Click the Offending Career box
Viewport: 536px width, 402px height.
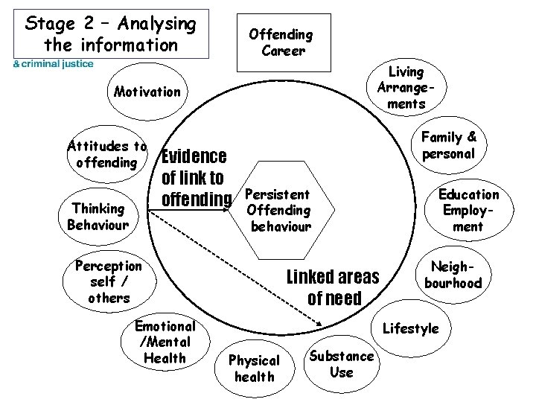[281, 42]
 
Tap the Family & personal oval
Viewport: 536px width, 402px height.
[448, 145]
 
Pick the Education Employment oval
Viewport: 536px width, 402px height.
[469, 210]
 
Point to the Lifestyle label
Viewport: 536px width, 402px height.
[410, 328]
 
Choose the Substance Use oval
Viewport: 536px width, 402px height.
[342, 364]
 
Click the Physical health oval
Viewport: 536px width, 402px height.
[254, 368]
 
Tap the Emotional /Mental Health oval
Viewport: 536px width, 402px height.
[165, 342]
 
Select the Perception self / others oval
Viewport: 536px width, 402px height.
[109, 281]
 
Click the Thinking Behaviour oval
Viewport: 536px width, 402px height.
[98, 216]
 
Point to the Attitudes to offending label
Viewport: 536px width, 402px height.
[106, 154]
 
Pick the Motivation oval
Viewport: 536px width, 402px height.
[147, 92]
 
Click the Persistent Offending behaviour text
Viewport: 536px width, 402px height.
[278, 209]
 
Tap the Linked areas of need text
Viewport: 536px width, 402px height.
[333, 288]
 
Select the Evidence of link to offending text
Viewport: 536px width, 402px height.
[194, 178]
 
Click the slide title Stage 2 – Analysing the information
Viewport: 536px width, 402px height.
[110, 33]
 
